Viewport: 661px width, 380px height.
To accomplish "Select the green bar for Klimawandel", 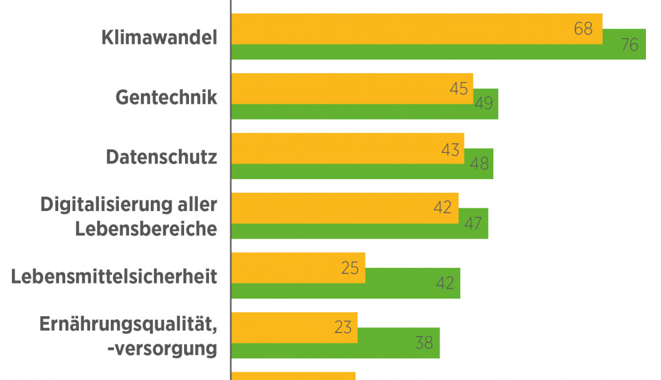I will [438, 52].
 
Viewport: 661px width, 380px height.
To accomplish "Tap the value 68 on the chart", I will [583, 29].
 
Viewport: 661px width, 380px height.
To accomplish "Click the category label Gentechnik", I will [167, 97].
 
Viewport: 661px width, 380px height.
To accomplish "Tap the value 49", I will [483, 104].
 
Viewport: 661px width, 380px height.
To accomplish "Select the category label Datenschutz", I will [161, 157].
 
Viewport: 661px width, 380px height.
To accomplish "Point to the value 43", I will [449, 150].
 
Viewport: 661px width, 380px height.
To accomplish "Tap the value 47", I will [473, 223].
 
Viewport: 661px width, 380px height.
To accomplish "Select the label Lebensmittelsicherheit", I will [114, 275].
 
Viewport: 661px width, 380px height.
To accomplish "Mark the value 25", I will [350, 268].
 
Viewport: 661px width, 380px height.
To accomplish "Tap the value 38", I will [424, 343].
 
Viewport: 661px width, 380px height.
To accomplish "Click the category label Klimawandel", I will [159, 38].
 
